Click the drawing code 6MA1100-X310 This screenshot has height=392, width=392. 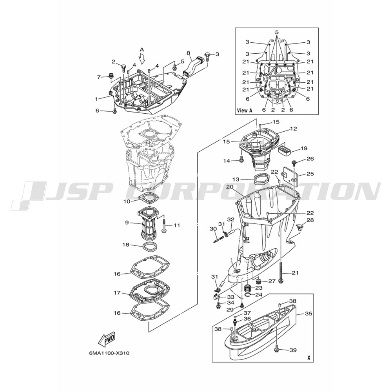click(x=109, y=354)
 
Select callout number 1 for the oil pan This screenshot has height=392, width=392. click(x=96, y=99)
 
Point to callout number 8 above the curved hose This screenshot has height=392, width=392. click(x=188, y=53)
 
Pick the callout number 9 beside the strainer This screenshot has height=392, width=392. click(x=127, y=222)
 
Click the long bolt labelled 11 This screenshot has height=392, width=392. click(x=163, y=226)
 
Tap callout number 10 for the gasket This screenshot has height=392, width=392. click(x=127, y=201)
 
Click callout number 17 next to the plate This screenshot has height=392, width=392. click(x=117, y=292)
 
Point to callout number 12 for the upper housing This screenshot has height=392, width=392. click(x=294, y=129)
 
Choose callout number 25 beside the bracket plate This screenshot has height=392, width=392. click(x=310, y=174)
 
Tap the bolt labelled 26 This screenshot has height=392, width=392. click(x=294, y=163)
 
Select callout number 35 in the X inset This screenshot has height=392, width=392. click(x=309, y=314)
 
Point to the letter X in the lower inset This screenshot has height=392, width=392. click(x=309, y=358)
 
